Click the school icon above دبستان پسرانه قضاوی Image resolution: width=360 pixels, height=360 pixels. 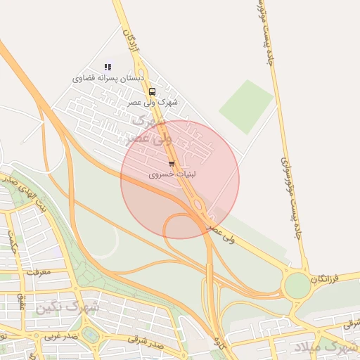coord(108,67)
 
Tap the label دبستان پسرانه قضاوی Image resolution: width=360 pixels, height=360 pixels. coord(108,78)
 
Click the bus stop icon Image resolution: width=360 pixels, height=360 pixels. coord(153,91)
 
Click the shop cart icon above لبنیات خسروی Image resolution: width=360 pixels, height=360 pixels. coord(172,164)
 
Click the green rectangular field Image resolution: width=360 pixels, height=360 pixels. coord(245,106)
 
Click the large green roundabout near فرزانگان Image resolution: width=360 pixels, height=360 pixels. coord(297,285)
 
